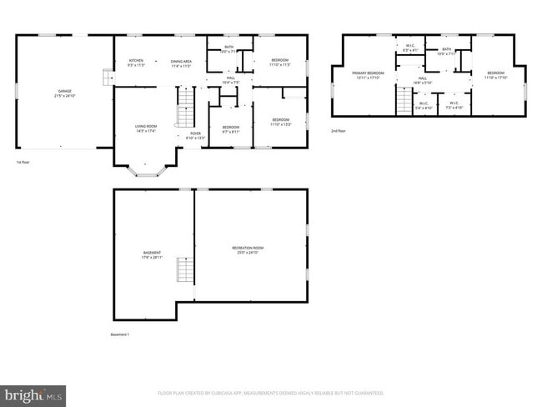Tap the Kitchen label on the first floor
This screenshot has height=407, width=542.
(x=136, y=63)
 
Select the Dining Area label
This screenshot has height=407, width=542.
(x=182, y=63)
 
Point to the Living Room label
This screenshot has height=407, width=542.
(x=146, y=128)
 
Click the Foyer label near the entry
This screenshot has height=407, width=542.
(x=193, y=135)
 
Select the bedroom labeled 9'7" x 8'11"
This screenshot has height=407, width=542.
(x=230, y=128)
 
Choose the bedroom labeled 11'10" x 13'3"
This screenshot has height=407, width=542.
(x=280, y=122)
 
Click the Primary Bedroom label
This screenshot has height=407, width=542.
(x=369, y=75)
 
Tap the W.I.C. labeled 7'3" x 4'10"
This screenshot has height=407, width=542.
(x=454, y=107)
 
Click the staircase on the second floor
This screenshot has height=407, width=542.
(x=404, y=100)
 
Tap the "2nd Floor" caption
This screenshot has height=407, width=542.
(x=339, y=132)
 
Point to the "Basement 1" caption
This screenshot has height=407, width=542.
(x=120, y=334)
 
